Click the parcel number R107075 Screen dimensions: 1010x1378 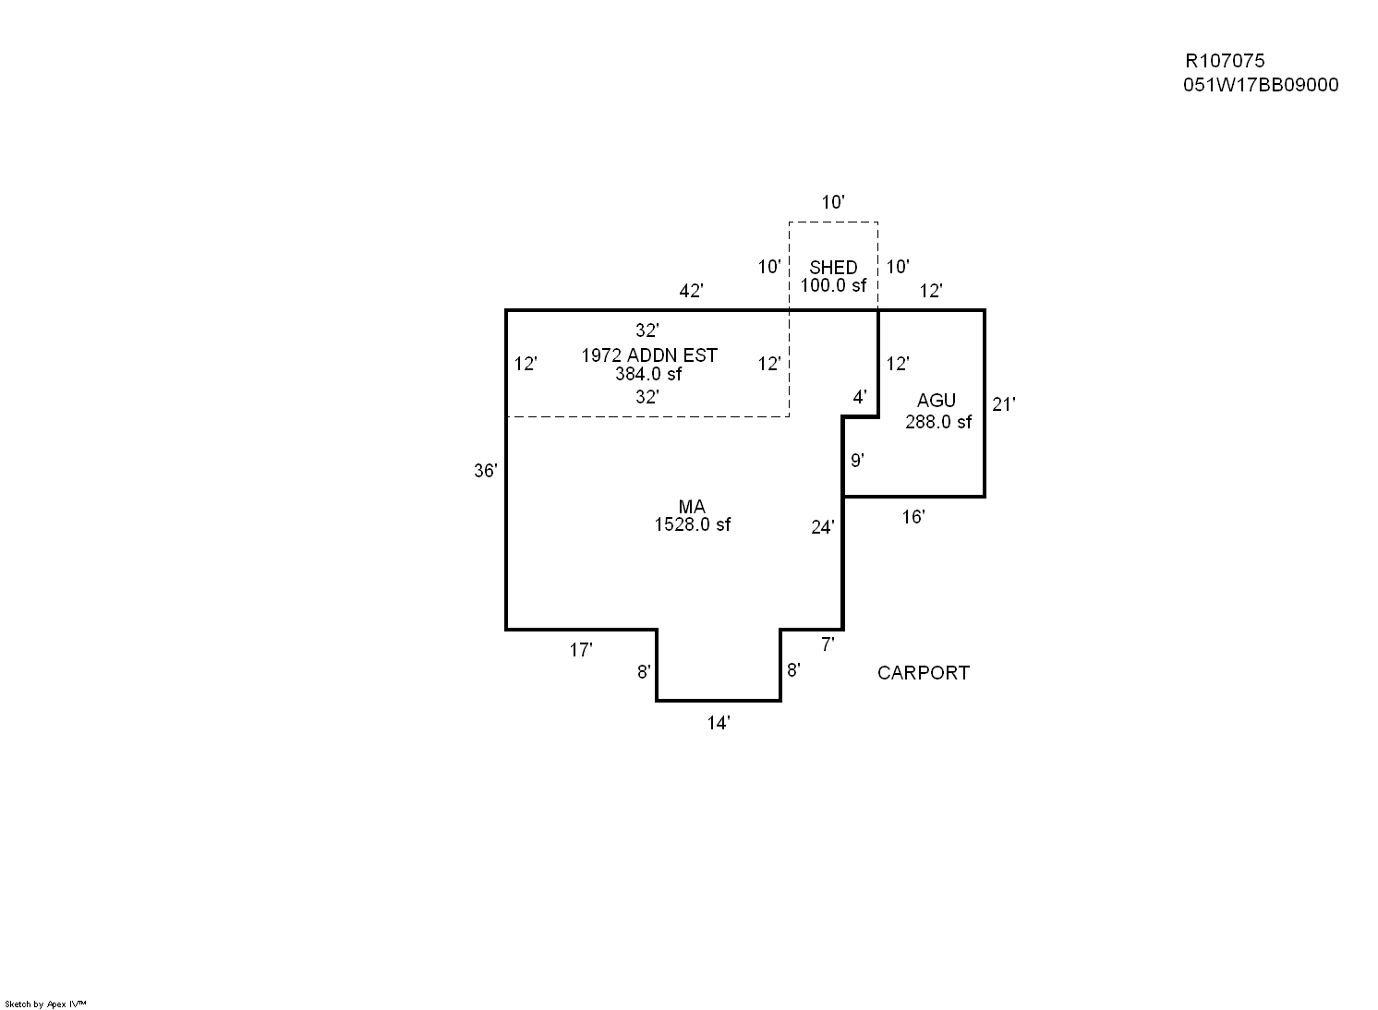pyautogui.click(x=1225, y=61)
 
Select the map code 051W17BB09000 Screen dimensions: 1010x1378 pyautogui.click(x=1260, y=85)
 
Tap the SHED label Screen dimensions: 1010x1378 pyautogui.click(x=833, y=268)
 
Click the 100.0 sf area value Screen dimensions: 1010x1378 pyautogui.click(x=833, y=285)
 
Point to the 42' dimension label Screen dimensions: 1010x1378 pyautogui.click(x=691, y=291)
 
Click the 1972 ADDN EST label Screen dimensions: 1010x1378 pyautogui.click(x=648, y=355)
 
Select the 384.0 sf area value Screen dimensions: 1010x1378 pyautogui.click(x=648, y=374)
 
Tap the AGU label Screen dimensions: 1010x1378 pyautogui.click(x=936, y=401)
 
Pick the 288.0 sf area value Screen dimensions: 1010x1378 pyautogui.click(x=938, y=422)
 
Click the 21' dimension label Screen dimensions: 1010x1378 pyautogui.click(x=1003, y=403)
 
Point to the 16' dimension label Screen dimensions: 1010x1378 pyautogui.click(x=913, y=517)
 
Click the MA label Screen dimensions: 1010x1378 pyautogui.click(x=692, y=507)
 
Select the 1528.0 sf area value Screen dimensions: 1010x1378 pyautogui.click(x=692, y=524)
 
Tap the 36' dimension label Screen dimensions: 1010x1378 pyautogui.click(x=486, y=471)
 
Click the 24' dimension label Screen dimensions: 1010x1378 pyautogui.click(x=822, y=527)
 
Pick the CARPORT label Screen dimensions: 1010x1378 pyautogui.click(x=923, y=673)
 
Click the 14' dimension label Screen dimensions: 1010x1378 pyautogui.click(x=719, y=723)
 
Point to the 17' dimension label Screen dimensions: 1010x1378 pyautogui.click(x=580, y=650)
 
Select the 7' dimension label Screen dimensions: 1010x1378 pyautogui.click(x=828, y=644)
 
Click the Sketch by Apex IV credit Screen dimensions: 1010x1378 pyautogui.click(x=45, y=1004)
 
